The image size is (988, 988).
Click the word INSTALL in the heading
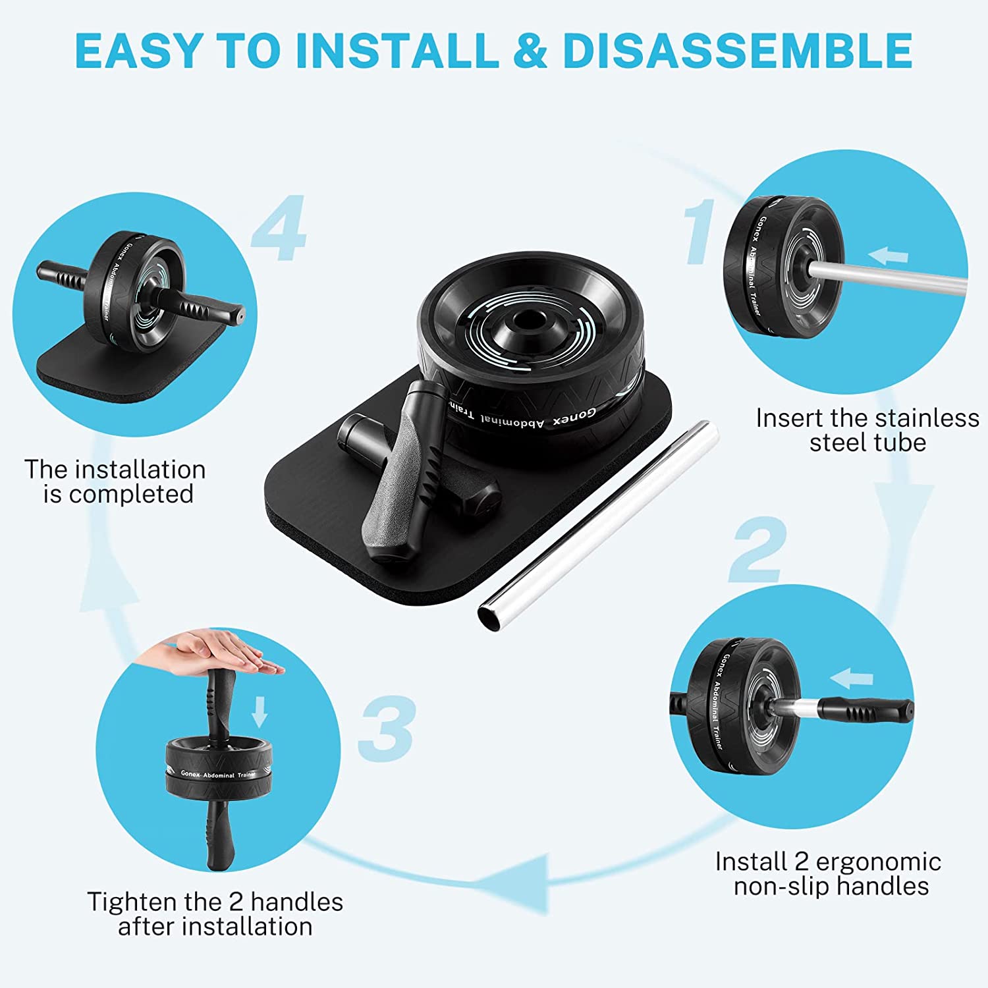397,50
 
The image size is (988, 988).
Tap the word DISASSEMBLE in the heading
738,50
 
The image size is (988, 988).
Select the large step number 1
700,232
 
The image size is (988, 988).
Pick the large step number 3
387,728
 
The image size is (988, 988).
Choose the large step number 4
279,227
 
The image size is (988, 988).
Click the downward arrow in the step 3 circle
260,711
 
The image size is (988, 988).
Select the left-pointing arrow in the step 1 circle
888,255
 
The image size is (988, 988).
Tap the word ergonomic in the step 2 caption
879,862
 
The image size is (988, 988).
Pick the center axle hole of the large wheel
526,319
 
